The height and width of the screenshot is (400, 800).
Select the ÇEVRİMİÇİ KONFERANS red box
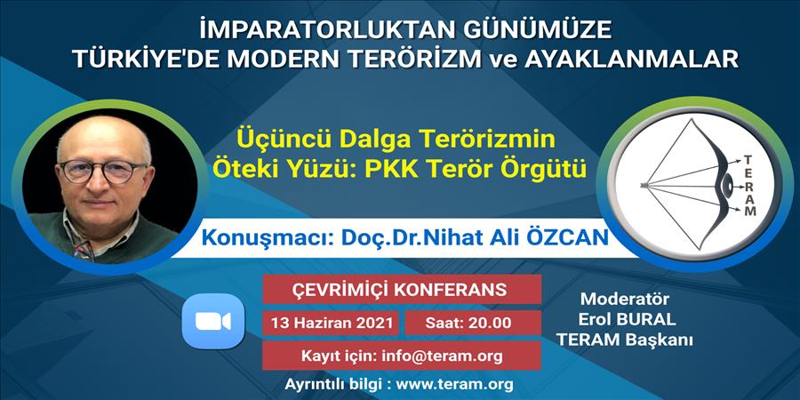[x=402, y=289]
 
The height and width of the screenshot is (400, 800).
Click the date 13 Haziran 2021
[x=332, y=323]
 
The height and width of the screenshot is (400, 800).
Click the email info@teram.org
[x=443, y=356]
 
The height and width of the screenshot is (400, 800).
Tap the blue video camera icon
[x=213, y=321]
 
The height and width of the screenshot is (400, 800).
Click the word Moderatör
[x=625, y=299]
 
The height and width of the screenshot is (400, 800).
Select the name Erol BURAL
[x=627, y=319]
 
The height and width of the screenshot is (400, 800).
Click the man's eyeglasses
[x=102, y=171]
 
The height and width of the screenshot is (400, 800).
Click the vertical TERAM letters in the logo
[x=750, y=187]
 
